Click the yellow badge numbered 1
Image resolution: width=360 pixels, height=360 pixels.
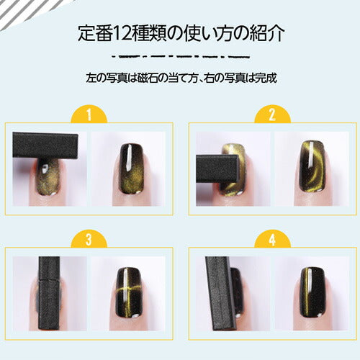(88, 114)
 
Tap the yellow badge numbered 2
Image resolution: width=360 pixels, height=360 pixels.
(272, 114)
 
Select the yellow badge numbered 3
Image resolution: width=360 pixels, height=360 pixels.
(88, 239)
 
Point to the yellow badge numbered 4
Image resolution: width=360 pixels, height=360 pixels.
(272, 239)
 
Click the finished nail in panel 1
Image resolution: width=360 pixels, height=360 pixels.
(132, 169)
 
